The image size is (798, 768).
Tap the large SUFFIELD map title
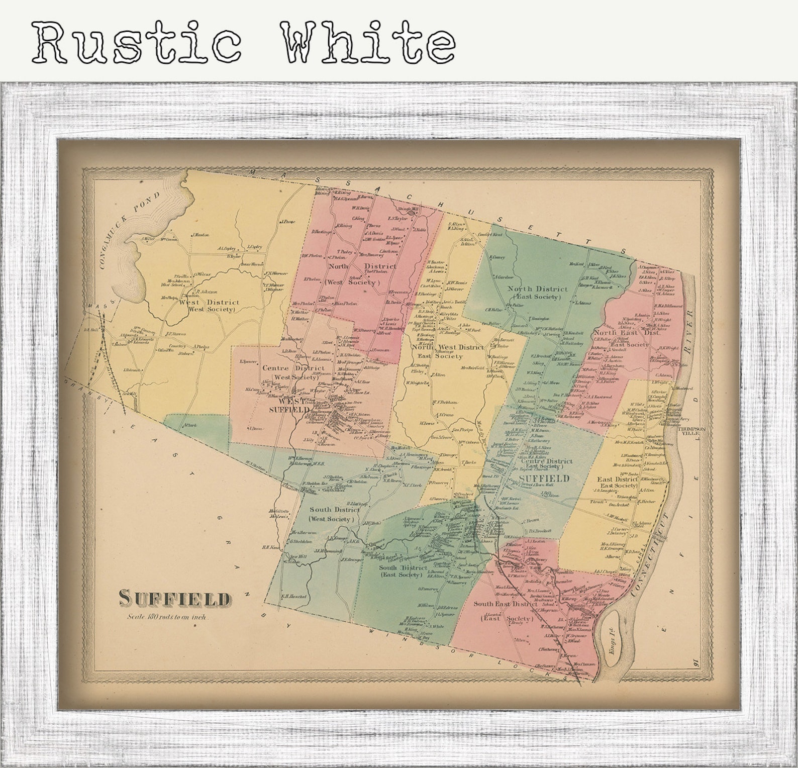[175, 598]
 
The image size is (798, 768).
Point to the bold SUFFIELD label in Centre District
[544, 478]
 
